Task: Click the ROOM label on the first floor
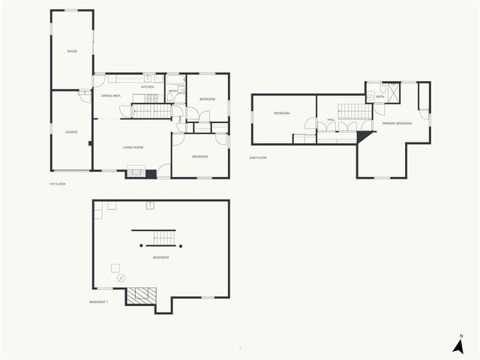tap(72, 52)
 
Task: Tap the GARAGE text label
tap(71, 132)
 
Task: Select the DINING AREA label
tap(111, 96)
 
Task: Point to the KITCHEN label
tap(148, 87)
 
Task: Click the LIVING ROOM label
tap(134, 147)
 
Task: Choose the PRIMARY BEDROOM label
tap(397, 123)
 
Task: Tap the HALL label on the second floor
tap(331, 119)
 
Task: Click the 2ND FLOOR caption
tap(258, 157)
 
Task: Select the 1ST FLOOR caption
tap(57, 184)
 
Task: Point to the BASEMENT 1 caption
tap(98, 302)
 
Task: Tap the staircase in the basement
tap(163, 238)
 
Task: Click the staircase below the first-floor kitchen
tap(152, 112)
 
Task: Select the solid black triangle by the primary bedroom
tap(365, 136)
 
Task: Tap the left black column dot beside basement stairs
tap(141, 246)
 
